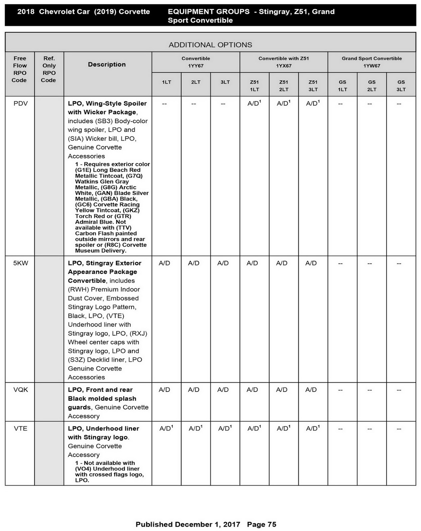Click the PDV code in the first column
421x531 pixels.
tap(21, 104)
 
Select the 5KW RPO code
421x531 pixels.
tap(21, 263)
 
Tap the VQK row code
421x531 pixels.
tap(21, 390)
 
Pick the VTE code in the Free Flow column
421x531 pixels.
tap(21, 428)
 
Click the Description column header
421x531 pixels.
tap(107, 64)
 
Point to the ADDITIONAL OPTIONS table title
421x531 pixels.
tap(210, 45)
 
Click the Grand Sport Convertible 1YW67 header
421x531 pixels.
tap(371, 62)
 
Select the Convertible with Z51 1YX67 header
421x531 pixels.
tap(283, 62)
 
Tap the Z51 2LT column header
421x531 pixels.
tap(283, 86)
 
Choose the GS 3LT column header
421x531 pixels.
tap(401, 86)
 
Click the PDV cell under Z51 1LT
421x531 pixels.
tap(254, 104)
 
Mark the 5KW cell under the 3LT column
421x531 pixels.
tap(223, 263)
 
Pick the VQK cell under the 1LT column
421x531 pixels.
tap(164, 390)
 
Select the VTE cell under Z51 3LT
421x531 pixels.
tap(313, 428)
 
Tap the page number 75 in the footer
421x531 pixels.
tap(271, 524)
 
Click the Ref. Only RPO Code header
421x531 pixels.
tap(49, 69)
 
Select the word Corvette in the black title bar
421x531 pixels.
tap(134, 12)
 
